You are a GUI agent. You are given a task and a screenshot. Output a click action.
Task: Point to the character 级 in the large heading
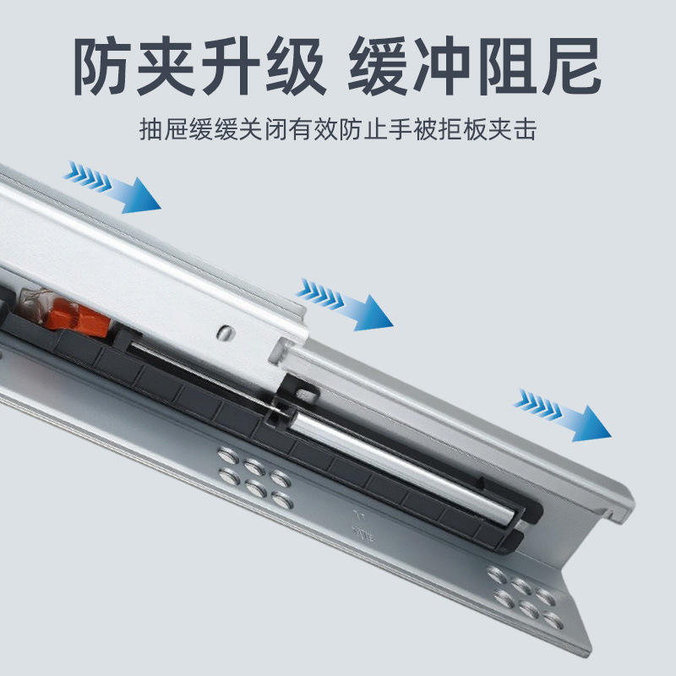pos(295,66)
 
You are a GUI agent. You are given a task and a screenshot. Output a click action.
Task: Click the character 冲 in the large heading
pos(441,66)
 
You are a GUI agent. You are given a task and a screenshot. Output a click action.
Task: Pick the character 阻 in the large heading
pos(505,66)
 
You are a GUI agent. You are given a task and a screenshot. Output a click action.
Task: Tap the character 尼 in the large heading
pos(570,66)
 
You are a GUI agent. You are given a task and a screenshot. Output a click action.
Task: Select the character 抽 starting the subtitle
pos(151,129)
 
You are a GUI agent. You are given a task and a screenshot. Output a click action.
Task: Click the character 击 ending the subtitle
pos(525,129)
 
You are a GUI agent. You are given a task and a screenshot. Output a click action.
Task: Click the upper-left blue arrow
pos(112,187)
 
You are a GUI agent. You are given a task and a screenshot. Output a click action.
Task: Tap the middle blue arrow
pos(345,304)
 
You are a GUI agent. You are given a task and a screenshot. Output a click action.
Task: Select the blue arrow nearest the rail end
pos(563,415)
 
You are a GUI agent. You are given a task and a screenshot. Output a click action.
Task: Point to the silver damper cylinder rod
pos(402,466)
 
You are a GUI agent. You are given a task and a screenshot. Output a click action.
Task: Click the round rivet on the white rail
pos(225,332)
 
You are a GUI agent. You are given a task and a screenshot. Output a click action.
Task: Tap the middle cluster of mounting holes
pos(255,477)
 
